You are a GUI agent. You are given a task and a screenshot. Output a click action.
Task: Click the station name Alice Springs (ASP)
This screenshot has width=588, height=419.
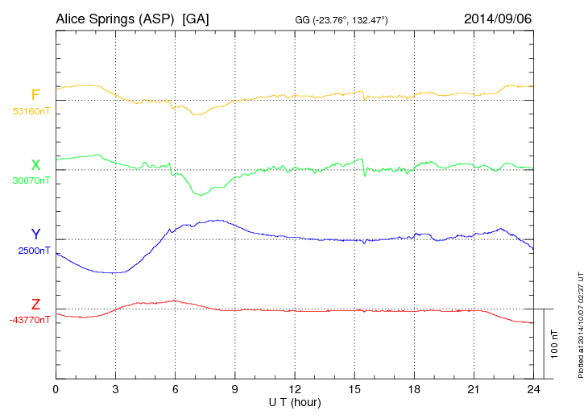115,18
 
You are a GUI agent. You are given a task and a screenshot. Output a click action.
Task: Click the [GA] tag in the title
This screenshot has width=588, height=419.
196,18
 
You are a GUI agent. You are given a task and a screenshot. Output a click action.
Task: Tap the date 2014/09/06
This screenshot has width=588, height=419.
498,18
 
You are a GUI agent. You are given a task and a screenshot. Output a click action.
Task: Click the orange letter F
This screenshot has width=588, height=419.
35,96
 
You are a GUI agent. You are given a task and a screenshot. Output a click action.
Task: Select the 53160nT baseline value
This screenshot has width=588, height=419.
31,111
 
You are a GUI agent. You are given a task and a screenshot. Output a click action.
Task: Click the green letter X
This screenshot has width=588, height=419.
35,165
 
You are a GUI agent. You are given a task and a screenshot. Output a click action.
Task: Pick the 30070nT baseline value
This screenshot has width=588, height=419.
31,180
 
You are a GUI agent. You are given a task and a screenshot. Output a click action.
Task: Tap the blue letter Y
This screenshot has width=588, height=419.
35,235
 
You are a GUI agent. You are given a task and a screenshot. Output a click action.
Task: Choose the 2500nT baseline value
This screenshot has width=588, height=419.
34,251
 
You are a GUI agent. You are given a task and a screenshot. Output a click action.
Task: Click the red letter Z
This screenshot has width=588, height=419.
35,305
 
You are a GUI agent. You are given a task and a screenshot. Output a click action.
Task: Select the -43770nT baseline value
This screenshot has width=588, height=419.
30,320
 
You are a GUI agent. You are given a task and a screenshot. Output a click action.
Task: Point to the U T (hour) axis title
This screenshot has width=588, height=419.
295,401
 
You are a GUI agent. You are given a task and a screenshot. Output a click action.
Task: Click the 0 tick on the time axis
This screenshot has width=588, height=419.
56,389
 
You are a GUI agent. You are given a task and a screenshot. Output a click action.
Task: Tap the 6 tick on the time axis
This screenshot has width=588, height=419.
175,389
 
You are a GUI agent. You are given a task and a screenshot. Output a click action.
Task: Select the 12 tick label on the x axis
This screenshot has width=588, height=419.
295,389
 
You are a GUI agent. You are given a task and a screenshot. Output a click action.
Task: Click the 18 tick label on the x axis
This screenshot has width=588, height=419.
414,389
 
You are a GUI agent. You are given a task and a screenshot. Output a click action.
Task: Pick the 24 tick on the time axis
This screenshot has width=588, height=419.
533,389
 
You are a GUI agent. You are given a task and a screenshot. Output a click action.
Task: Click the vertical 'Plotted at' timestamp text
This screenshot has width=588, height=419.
580,323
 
